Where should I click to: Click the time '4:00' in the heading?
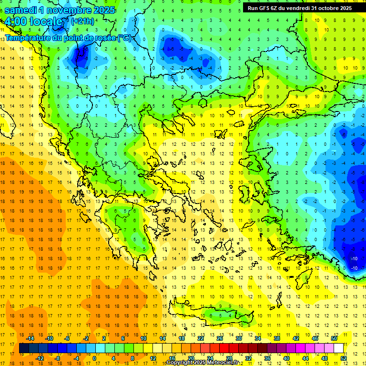pyautogui.click(x=15, y=21)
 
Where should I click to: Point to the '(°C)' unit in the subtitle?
pyautogui.click(x=124, y=38)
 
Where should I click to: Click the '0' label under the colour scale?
pyautogui.click(x=94, y=358)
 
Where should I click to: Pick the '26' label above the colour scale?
pyautogui.click(x=220, y=338)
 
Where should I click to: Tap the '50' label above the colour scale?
pyautogui.click(x=334, y=338)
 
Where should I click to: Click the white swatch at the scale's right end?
pyautogui.click(x=339, y=348)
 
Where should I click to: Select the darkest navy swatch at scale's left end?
pyautogui.click(x=24, y=348)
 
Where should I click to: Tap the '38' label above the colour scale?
pyautogui.click(x=276, y=338)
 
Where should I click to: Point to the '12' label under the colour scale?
pyautogui.click(x=152, y=358)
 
